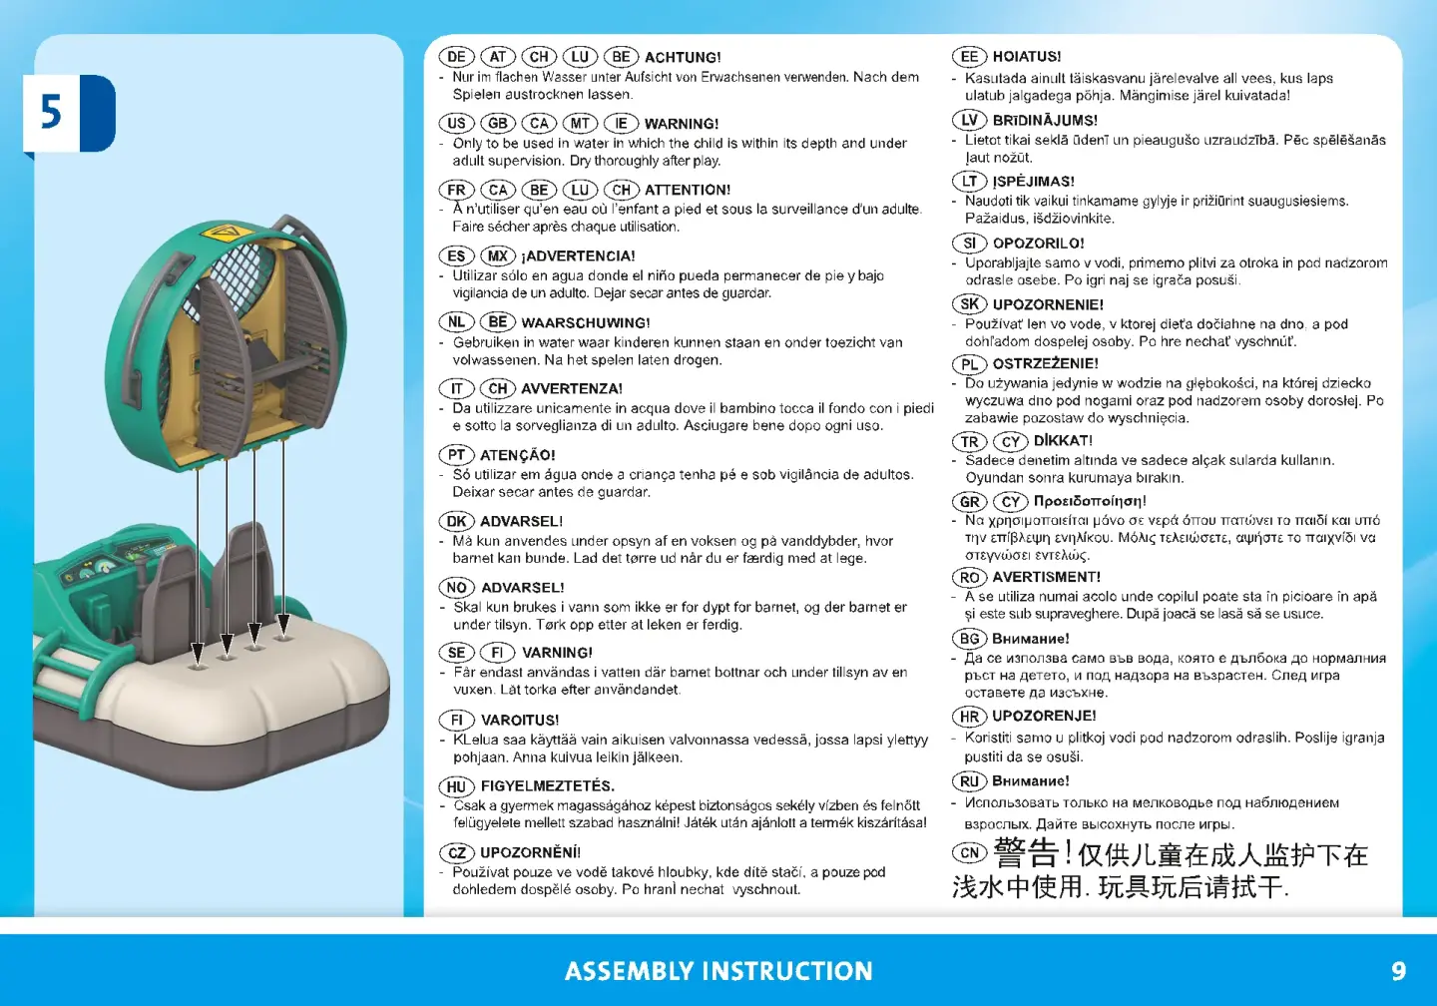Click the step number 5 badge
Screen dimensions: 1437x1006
pyautogui.click(x=69, y=114)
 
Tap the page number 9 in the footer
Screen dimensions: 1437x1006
pyautogui.click(x=1398, y=971)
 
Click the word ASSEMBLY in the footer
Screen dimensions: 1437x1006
pyautogui.click(x=630, y=971)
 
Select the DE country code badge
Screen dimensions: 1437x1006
pyautogui.click(x=456, y=57)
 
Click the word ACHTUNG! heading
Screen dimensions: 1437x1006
pyautogui.click(x=683, y=57)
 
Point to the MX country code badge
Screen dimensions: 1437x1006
pyautogui.click(x=498, y=255)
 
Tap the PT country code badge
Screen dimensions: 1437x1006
pyautogui.click(x=456, y=455)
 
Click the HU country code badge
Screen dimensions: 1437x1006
pyautogui.click(x=456, y=786)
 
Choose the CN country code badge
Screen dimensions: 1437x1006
pyautogui.click(x=969, y=852)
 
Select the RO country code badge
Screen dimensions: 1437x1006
pyautogui.click(x=969, y=578)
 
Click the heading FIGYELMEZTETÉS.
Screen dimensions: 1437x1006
pyautogui.click(x=548, y=786)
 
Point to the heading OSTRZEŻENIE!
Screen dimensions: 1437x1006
pyautogui.click(x=1046, y=363)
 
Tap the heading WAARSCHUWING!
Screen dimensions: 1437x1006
pyautogui.click(x=586, y=322)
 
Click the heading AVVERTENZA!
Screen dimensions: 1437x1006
pyautogui.click(x=572, y=389)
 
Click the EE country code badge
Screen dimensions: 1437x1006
pyautogui.click(x=969, y=57)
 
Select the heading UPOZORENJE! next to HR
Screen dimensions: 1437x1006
pyautogui.click(x=1045, y=716)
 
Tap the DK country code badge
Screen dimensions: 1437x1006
pyautogui.click(x=456, y=521)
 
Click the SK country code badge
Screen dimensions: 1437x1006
pyautogui.click(x=969, y=304)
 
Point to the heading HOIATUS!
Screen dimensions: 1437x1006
pyautogui.click(x=1027, y=57)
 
